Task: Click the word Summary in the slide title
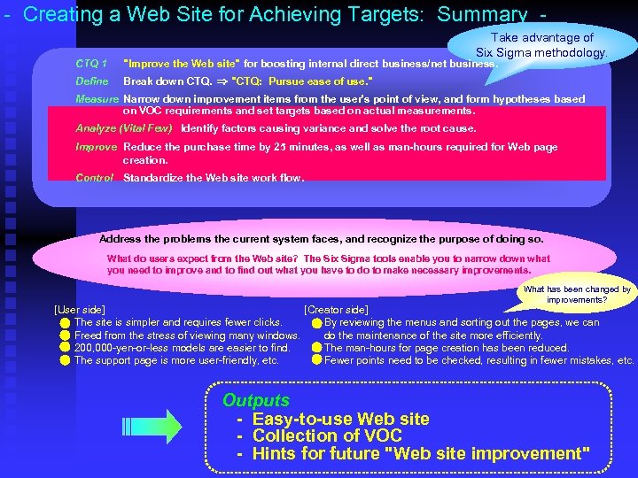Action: coord(482,15)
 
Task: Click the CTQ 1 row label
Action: coord(91,64)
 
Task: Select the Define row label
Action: coord(92,81)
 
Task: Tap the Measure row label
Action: coord(97,99)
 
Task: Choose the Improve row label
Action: coord(97,147)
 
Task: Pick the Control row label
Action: coord(95,178)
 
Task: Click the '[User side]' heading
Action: coord(80,309)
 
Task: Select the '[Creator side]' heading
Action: coord(336,309)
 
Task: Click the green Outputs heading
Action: coord(256,400)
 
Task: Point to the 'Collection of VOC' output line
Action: coord(327,436)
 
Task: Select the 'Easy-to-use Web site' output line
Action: coord(340,419)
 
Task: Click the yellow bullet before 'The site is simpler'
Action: coord(65,323)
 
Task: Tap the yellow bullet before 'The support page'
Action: coord(65,360)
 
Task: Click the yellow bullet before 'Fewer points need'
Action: coord(316,360)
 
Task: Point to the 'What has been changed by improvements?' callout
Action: coord(577,295)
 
